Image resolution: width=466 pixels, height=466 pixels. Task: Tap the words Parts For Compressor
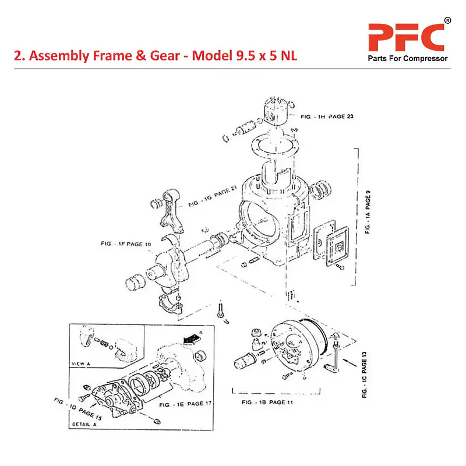407,59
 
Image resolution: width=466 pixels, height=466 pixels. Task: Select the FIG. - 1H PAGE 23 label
327,117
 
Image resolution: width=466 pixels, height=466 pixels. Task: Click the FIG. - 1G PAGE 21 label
213,199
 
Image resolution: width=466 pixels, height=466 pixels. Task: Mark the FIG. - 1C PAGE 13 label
365,375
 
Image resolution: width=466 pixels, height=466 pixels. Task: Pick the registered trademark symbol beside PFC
447,20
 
